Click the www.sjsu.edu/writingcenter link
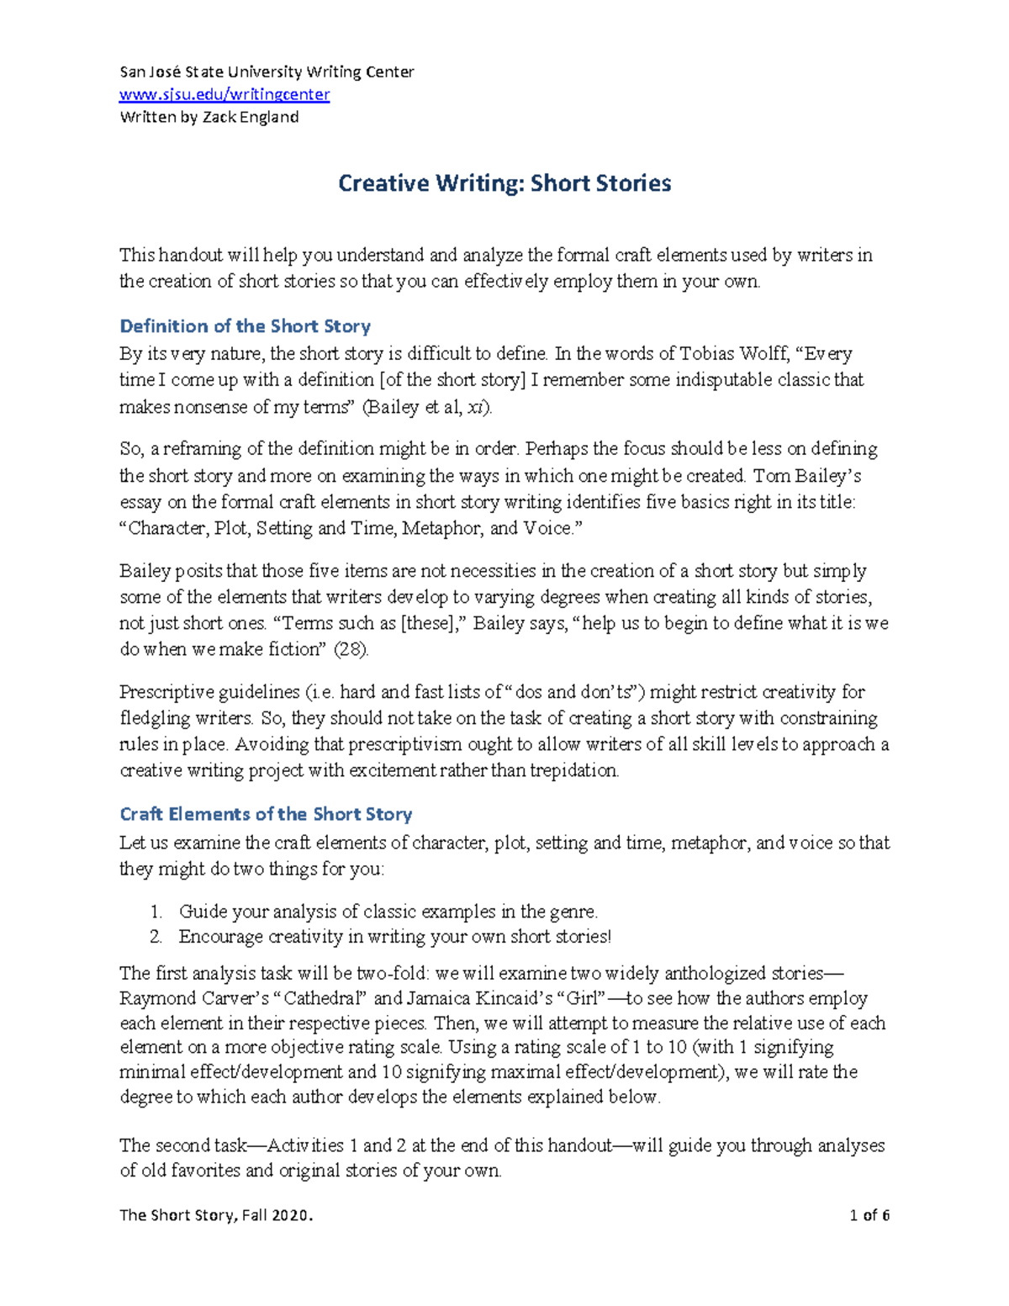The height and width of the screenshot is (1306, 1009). tap(225, 94)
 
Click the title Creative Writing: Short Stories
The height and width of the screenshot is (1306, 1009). tap(504, 183)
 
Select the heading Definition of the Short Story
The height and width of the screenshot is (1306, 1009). tap(245, 326)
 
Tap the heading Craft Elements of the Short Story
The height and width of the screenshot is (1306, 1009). tap(266, 814)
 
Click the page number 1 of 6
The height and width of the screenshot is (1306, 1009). tap(869, 1215)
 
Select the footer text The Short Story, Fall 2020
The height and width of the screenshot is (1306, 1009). tap(216, 1215)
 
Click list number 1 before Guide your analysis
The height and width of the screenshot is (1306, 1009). tap(156, 912)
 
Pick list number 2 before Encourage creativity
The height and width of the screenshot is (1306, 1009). tap(156, 937)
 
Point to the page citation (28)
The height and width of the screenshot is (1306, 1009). tap(351, 649)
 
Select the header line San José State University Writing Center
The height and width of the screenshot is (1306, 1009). tap(267, 72)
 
